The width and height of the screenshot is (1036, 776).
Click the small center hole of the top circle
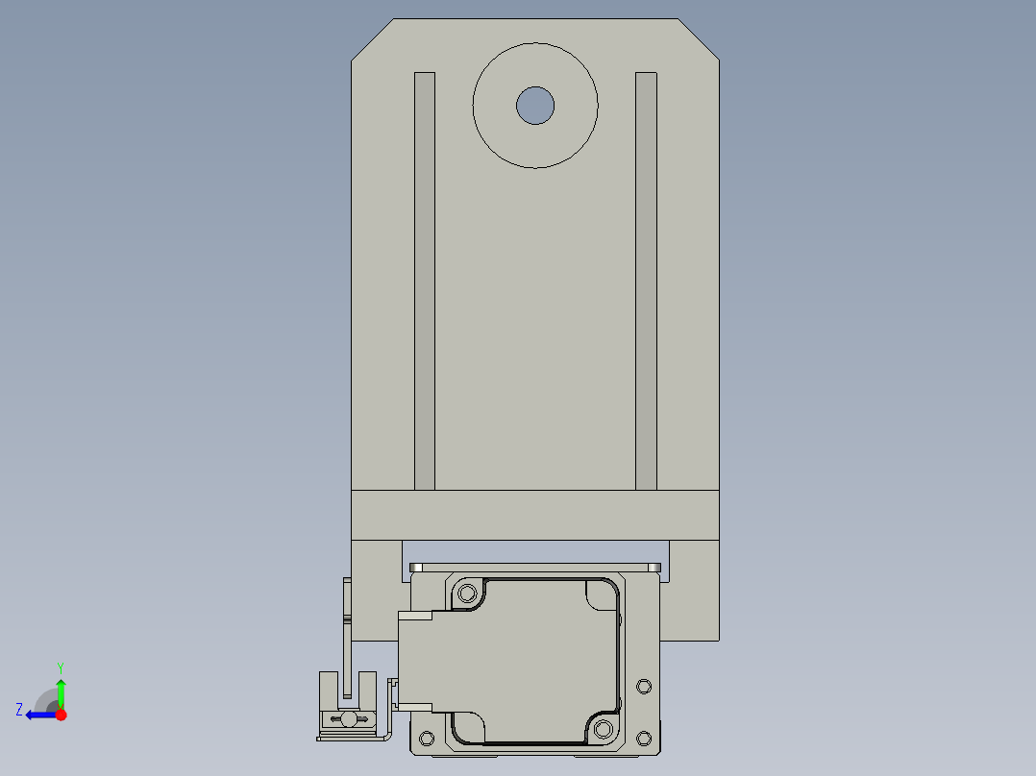[x=535, y=106]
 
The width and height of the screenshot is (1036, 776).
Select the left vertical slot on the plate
[x=425, y=279]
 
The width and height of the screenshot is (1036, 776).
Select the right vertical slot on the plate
[x=646, y=279]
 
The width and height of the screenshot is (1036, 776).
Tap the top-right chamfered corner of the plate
[x=699, y=39]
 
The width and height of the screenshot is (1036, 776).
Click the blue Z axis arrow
[x=38, y=715]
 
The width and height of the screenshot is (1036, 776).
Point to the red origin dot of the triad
[x=61, y=715]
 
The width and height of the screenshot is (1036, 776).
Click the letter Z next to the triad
[x=19, y=710]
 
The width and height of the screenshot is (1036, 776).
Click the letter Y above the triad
[x=61, y=667]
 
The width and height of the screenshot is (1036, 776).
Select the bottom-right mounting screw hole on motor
[x=603, y=729]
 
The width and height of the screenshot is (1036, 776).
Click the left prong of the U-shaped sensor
[x=327, y=690]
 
